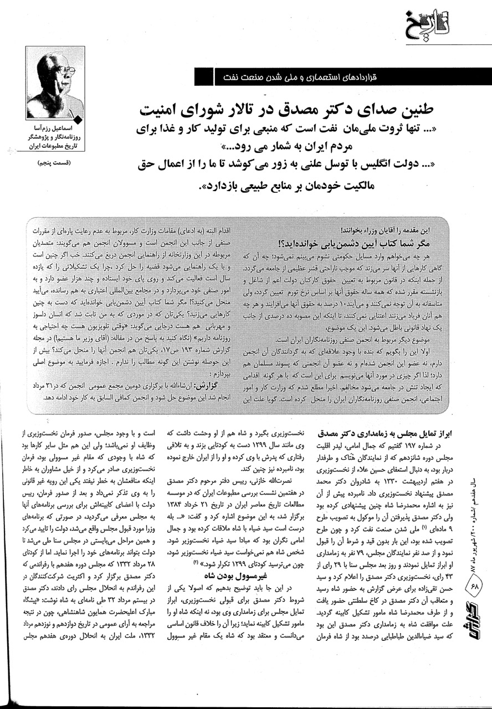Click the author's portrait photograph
point(55,82)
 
